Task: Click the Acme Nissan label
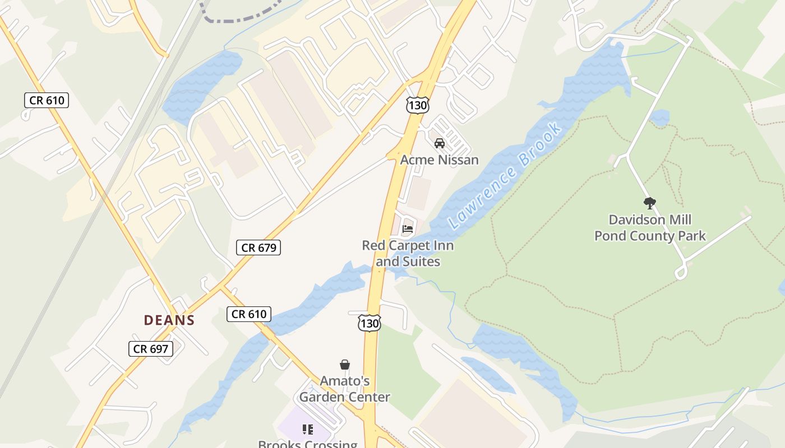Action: pos(439,160)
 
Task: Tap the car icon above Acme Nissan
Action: pos(440,143)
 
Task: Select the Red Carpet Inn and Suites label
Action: pos(408,253)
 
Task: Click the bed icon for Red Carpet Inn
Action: pos(408,228)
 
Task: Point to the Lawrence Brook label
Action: pos(505,176)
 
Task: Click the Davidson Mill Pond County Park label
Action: pos(650,227)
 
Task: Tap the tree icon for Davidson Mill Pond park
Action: pos(650,203)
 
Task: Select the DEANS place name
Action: pos(169,320)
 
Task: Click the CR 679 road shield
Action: pos(258,248)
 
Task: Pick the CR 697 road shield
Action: pos(150,349)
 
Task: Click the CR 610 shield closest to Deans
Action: pos(249,314)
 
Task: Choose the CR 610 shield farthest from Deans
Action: pos(47,101)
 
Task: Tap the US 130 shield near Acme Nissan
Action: pos(418,105)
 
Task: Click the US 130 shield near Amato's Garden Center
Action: pos(370,323)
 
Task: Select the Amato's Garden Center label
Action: pos(344,389)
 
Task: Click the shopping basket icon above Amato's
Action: pos(345,365)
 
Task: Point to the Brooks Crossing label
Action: pos(307,444)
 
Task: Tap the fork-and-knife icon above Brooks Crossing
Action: pos(307,430)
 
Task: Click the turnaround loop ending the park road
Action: pos(681,273)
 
